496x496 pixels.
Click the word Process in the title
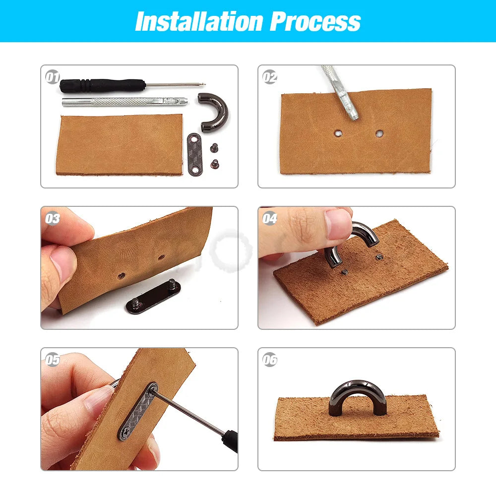pyautogui.click(x=315, y=21)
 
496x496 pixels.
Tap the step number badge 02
pyautogui.click(x=270, y=77)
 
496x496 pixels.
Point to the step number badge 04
pyautogui.click(x=270, y=219)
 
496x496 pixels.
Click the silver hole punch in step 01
pyautogui.click(x=124, y=102)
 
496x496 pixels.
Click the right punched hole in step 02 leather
pyautogui.click(x=379, y=133)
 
